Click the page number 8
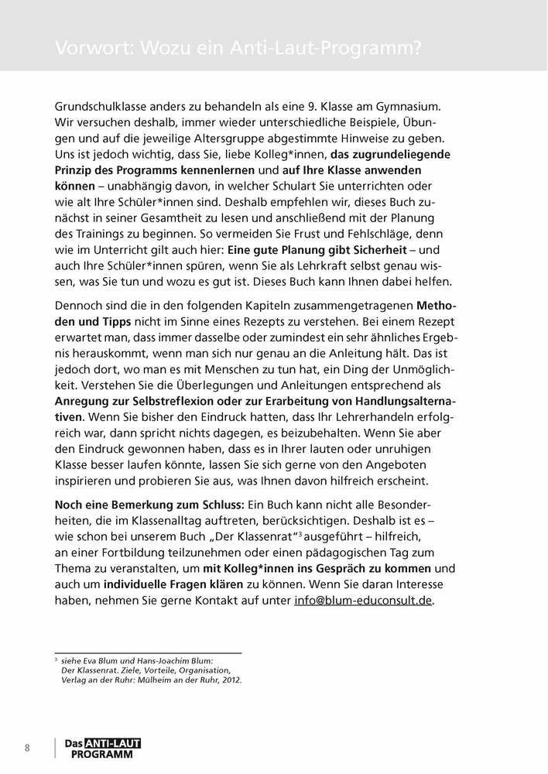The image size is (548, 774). [x=28, y=748]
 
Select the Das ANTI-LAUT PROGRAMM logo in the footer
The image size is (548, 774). [x=102, y=748]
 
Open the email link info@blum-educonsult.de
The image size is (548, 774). [x=364, y=601]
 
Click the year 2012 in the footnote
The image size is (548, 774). [x=228, y=680]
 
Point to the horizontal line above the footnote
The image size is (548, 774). [x=148, y=652]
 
